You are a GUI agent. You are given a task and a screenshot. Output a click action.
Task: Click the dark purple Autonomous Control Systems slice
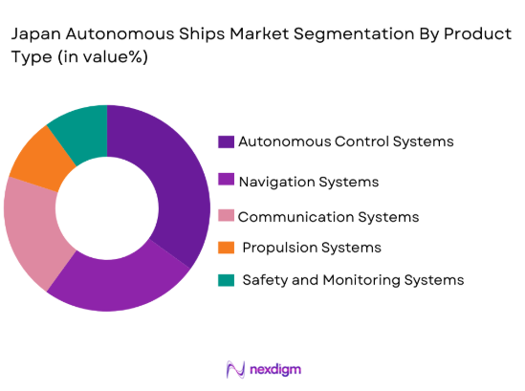[x=182, y=182]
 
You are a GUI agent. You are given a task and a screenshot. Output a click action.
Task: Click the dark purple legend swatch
[x=227, y=142]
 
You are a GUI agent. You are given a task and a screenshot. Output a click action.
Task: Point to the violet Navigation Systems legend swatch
[x=227, y=181]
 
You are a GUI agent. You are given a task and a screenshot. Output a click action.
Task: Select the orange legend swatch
[x=227, y=248]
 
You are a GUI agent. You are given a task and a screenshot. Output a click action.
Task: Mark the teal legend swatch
[x=227, y=280]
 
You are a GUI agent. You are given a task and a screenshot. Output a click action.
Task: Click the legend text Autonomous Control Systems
[x=345, y=141]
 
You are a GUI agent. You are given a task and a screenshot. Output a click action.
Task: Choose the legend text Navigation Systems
[x=308, y=181]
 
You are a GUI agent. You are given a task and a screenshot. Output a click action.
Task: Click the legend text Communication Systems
[x=328, y=217]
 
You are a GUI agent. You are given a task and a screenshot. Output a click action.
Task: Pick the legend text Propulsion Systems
[x=312, y=248]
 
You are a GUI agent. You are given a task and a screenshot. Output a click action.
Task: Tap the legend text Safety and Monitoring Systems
[x=353, y=280]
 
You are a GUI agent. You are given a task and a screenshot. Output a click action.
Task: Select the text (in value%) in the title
[x=99, y=57]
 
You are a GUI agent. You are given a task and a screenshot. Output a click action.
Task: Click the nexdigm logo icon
[x=234, y=369]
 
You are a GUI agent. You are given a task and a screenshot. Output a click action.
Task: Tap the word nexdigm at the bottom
[x=278, y=369]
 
